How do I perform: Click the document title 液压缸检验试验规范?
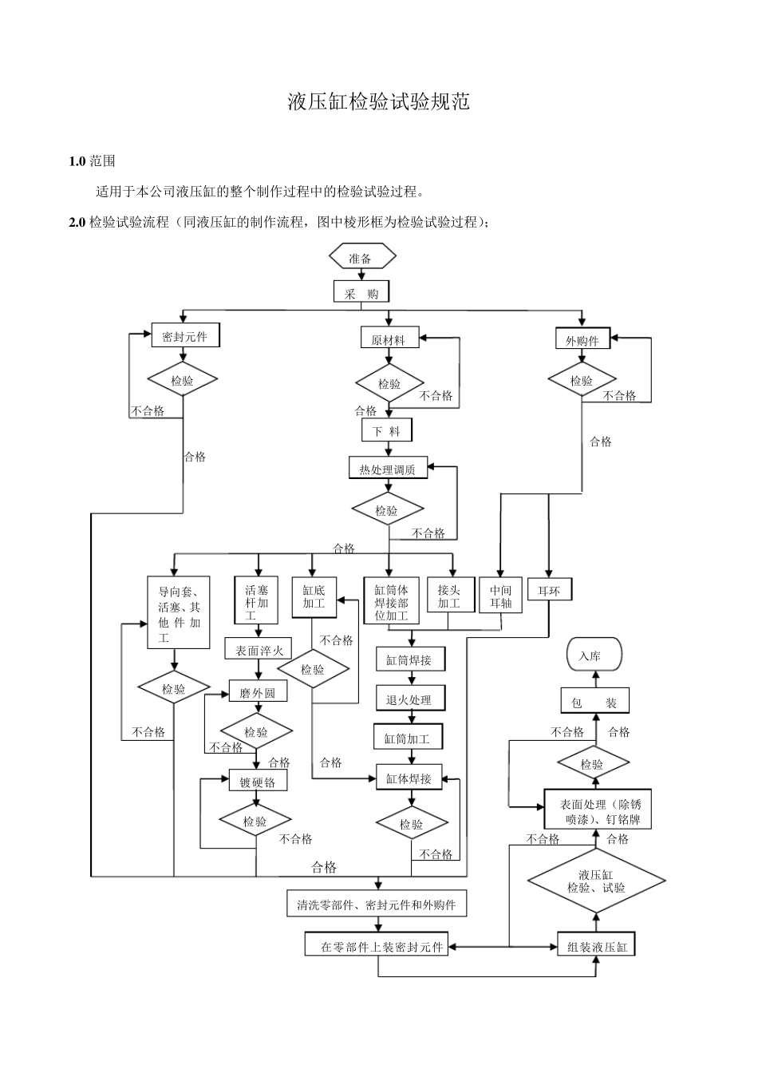378,101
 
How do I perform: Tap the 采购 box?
361,292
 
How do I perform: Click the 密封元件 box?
185,336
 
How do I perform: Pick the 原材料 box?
388,339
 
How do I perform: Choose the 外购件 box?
582,339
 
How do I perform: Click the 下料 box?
387,431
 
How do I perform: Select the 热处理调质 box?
388,469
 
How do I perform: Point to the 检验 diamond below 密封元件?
183,381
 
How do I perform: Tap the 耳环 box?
549,591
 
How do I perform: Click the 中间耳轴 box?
501,596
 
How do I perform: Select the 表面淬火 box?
259,650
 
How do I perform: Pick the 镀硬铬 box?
257,782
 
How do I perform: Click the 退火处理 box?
410,699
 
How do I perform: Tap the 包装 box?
594,703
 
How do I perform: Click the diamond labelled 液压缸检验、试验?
596,881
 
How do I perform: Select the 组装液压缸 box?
596,947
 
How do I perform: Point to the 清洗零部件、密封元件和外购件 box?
377,905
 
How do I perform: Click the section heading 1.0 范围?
93,161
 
